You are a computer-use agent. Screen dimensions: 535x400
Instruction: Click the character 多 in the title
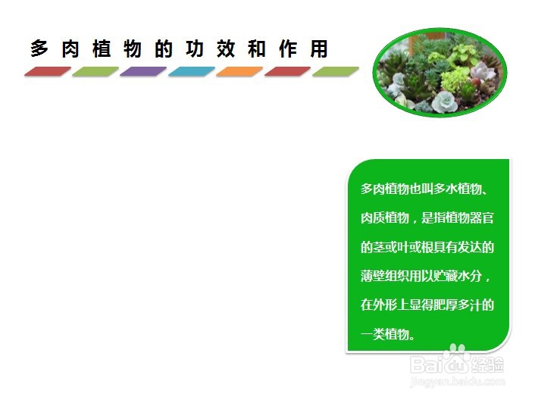click(39, 48)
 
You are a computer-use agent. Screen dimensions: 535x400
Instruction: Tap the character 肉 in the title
click(70, 48)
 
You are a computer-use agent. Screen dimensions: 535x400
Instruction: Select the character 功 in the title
click(195, 48)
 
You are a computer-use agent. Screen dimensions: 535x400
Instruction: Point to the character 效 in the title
click(226, 48)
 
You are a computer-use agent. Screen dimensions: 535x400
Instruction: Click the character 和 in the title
click(257, 48)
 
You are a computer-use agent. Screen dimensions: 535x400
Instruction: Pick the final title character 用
click(319, 48)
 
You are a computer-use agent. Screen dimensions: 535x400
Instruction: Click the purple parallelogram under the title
click(143, 71)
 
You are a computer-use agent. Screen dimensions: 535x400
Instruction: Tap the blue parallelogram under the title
click(192, 71)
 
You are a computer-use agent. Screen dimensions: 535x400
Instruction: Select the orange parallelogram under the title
click(239, 71)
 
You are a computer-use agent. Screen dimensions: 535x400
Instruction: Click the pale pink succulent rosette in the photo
click(482, 72)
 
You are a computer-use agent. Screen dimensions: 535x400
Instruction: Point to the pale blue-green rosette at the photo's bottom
click(445, 102)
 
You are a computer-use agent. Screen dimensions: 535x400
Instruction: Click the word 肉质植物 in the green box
click(385, 218)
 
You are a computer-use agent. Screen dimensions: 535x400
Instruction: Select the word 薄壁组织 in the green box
click(385, 276)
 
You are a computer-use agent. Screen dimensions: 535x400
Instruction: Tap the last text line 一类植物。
click(388, 334)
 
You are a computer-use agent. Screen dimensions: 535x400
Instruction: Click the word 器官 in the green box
click(482, 218)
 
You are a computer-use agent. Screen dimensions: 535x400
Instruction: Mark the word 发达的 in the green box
click(476, 247)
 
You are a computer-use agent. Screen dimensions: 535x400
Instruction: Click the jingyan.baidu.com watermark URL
click(458, 381)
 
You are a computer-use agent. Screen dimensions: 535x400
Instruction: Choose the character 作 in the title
click(288, 48)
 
